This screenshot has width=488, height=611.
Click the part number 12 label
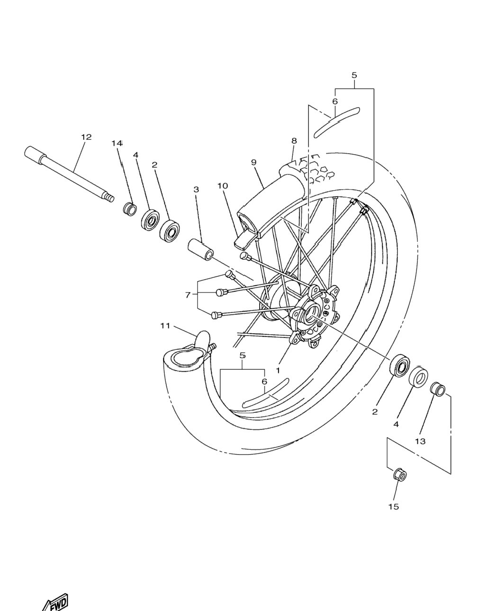point(86,137)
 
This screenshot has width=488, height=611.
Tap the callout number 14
point(117,143)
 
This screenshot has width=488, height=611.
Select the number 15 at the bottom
point(393,507)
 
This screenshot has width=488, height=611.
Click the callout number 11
point(165,326)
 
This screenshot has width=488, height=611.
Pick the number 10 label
point(223,186)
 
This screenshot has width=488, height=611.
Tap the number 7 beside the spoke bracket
point(187,295)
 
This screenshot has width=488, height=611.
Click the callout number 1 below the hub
point(278,370)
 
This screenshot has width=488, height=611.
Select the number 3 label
point(196,190)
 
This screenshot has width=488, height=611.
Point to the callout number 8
point(294,140)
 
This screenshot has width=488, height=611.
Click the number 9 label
point(253,162)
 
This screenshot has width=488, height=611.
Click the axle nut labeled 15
point(400,474)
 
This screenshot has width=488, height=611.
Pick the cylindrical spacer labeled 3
point(200,249)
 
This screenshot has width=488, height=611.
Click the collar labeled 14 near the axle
point(130,209)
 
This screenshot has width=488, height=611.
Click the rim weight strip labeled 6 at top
point(336,122)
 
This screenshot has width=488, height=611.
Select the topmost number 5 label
point(354,75)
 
